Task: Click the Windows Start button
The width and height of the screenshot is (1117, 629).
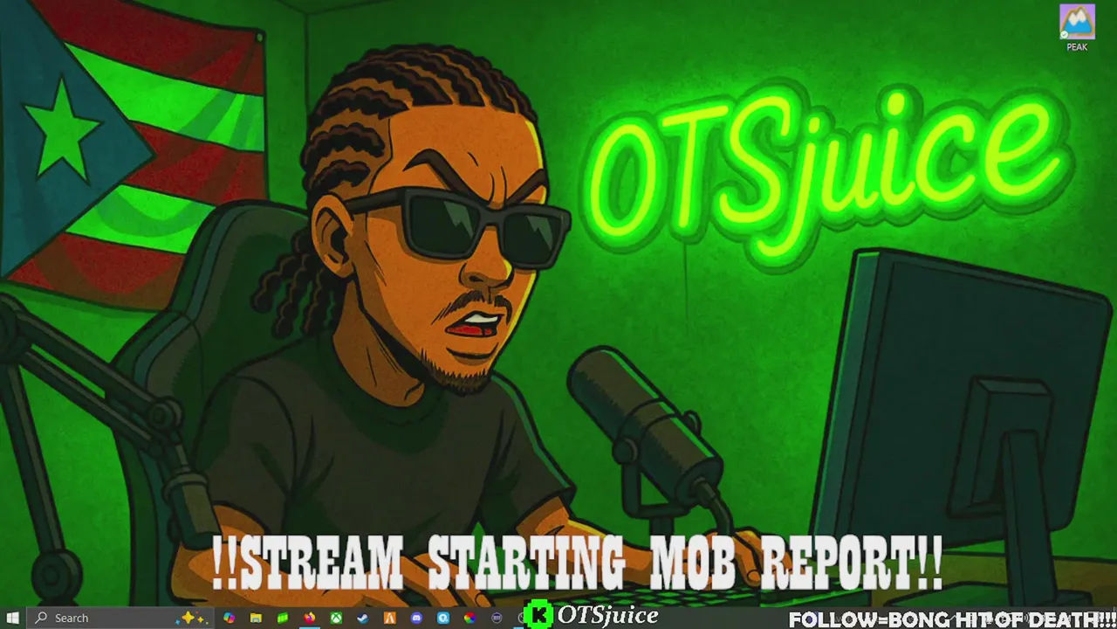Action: click(12, 618)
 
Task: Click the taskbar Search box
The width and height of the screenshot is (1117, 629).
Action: click(120, 618)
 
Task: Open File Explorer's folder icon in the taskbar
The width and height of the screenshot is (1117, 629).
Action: click(256, 618)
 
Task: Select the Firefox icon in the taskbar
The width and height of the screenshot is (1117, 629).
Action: click(309, 618)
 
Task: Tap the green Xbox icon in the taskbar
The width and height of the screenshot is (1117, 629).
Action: click(336, 618)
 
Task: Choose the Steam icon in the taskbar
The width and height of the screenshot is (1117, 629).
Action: click(363, 618)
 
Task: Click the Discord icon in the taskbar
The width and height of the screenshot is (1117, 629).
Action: click(416, 618)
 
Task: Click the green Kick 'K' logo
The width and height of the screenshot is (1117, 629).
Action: click(538, 615)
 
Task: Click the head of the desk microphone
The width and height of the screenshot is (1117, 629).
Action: click(643, 410)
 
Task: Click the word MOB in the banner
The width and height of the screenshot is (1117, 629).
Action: click(693, 562)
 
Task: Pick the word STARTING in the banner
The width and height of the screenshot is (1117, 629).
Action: click(526, 562)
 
